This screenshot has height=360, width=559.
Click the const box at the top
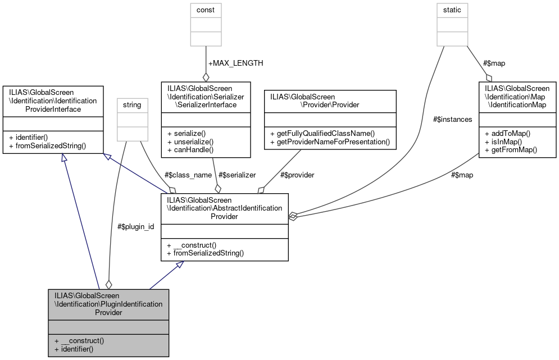(206, 10)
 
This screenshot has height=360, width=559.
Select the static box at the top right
(453, 10)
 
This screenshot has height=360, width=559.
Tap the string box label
(133, 104)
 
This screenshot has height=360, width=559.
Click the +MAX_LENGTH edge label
(235, 63)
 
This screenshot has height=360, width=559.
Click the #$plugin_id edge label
(135, 226)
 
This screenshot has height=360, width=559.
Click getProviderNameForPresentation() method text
(330, 142)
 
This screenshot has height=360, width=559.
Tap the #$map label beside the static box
(494, 63)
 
